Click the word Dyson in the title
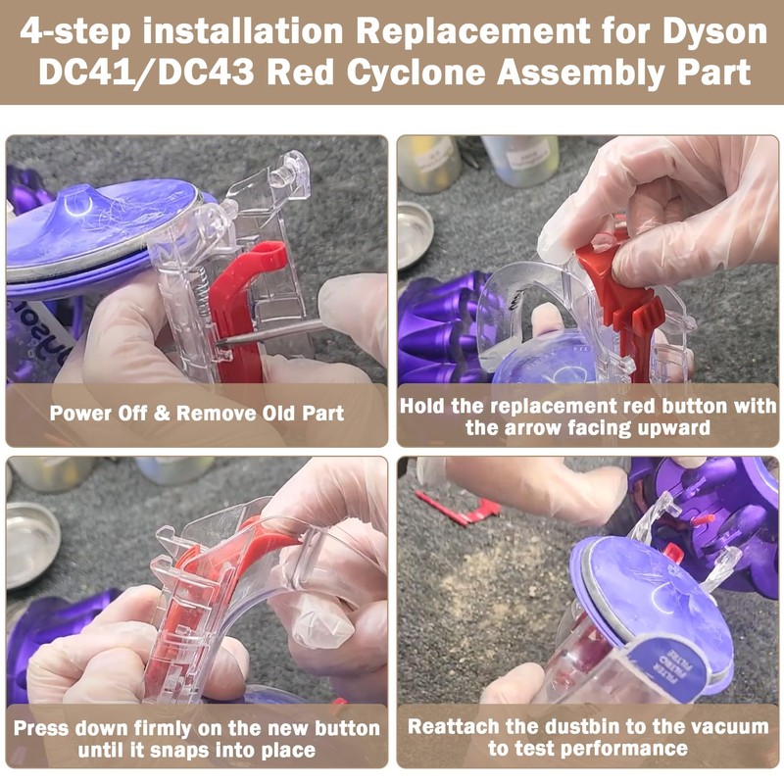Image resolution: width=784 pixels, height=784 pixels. pos(714,32)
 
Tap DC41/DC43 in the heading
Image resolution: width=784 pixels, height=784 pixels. pos(146,73)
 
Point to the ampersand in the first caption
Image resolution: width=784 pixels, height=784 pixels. pos(162,414)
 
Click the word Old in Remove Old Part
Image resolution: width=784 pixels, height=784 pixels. pos(273,414)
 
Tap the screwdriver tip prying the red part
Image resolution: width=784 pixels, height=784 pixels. pos(220,344)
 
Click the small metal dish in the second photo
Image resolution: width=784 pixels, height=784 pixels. pos(414,235)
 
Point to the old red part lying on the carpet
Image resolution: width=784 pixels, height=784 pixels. pos(457,508)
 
